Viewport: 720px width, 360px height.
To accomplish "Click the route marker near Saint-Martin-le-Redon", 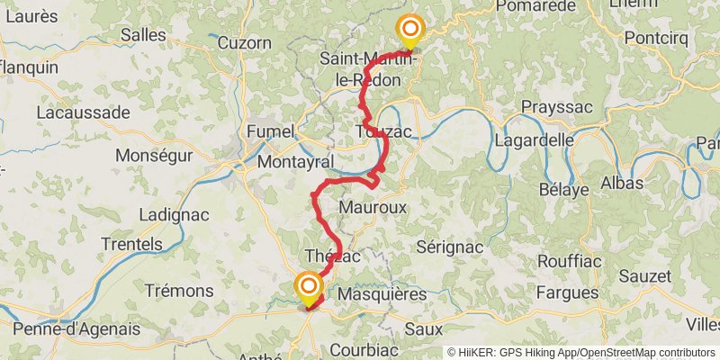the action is click(x=410, y=31).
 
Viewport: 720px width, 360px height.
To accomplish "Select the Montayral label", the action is click(x=296, y=162).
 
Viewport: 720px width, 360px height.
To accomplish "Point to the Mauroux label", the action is click(x=373, y=207).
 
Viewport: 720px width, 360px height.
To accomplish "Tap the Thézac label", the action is click(x=333, y=256).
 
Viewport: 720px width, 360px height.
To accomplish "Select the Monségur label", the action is click(x=155, y=155).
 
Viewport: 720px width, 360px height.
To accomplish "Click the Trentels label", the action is click(x=132, y=244).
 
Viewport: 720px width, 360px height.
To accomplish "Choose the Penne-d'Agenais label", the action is click(x=77, y=328).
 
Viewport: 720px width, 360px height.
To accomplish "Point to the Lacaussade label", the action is click(x=84, y=112).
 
